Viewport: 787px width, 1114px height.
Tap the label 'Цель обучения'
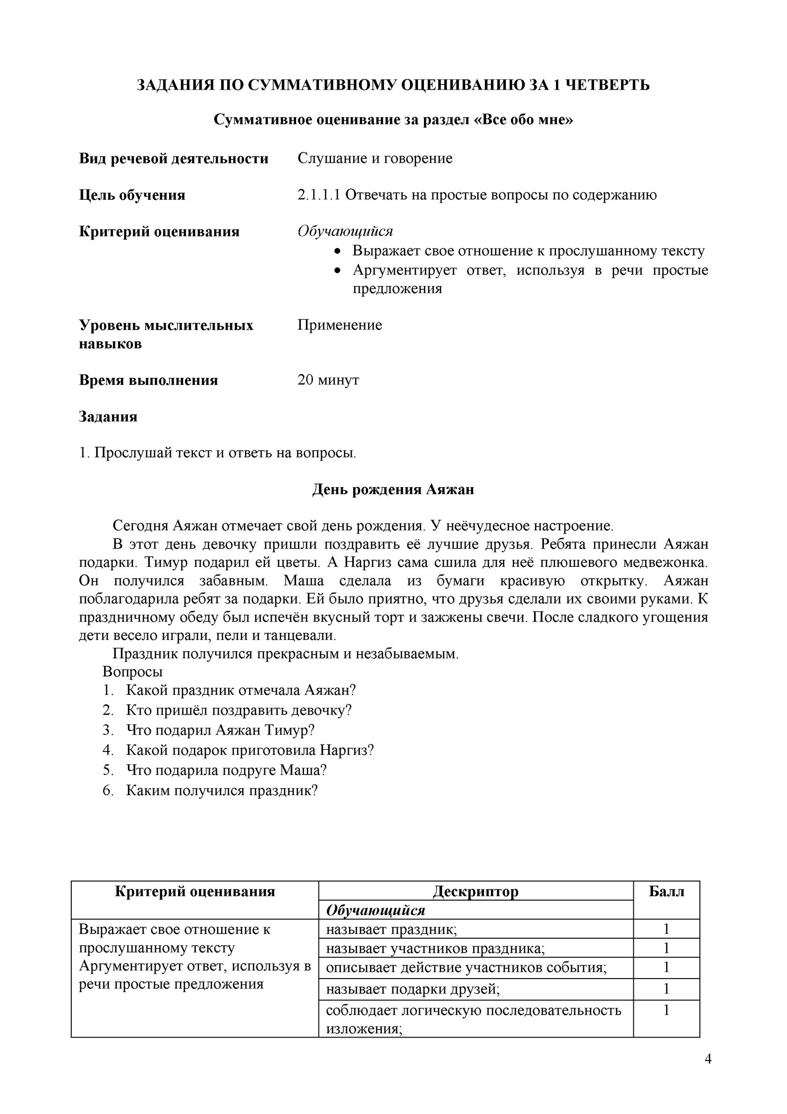[132, 195]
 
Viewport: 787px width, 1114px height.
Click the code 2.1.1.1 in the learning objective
[319, 195]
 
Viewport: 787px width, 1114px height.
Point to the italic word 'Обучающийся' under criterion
[345, 232]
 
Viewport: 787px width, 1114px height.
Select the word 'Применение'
[340, 324]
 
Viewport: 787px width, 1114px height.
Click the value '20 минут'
[328, 379]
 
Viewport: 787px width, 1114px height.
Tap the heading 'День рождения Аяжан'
[393, 489]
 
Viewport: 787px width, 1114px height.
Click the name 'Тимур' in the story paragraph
[166, 562]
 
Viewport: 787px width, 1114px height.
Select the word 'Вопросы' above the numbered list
[133, 671]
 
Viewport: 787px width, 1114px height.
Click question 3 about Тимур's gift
[220, 730]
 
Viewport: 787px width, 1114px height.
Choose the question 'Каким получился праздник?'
[222, 790]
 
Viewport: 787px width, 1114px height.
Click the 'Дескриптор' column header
[475, 891]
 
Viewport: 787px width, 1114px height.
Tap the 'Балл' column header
[666, 891]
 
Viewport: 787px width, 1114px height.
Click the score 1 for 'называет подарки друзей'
[666, 988]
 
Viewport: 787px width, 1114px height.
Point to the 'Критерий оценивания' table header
[194, 891]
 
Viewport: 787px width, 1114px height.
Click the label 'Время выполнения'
[148, 380]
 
